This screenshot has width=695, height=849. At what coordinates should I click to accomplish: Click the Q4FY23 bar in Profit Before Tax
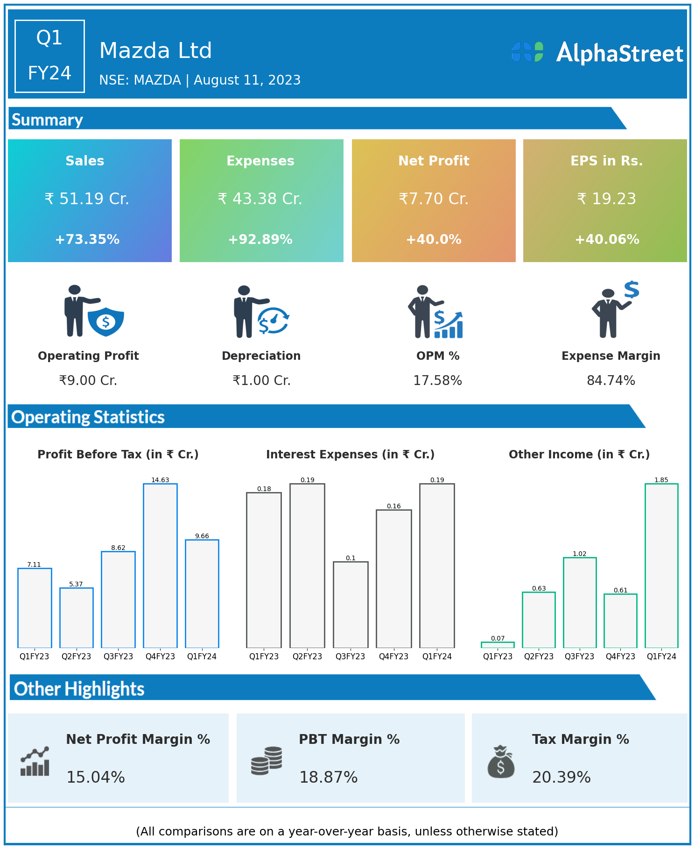click(x=160, y=565)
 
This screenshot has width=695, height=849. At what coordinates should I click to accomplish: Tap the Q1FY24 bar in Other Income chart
click(x=661, y=565)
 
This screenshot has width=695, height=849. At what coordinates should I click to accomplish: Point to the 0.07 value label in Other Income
click(x=498, y=638)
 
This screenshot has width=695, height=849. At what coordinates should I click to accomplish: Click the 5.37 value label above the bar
click(x=76, y=584)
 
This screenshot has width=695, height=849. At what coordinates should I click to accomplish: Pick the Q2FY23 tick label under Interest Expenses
click(x=307, y=656)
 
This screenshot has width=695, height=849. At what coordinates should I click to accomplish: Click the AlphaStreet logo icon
click(x=527, y=52)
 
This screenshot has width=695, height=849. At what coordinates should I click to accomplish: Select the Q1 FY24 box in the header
click(x=49, y=56)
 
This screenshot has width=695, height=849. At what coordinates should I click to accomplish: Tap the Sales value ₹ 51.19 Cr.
click(x=87, y=199)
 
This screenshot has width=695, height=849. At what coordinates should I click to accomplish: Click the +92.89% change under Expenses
click(x=260, y=240)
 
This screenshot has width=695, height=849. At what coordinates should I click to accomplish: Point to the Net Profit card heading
click(x=434, y=161)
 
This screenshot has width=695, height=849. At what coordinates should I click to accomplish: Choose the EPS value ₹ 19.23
click(x=606, y=199)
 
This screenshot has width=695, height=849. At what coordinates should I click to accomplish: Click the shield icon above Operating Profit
click(x=106, y=321)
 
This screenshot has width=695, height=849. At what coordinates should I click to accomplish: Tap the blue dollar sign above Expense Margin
click(x=632, y=290)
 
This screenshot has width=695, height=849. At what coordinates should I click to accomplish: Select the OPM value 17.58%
click(x=437, y=381)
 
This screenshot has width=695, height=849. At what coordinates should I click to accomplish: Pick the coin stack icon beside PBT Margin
click(x=267, y=761)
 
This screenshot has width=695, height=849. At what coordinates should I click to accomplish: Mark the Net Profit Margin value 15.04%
click(x=96, y=777)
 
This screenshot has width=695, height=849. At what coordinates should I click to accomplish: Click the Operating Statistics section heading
click(x=88, y=417)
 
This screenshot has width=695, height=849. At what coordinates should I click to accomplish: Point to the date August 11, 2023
click(x=247, y=80)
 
